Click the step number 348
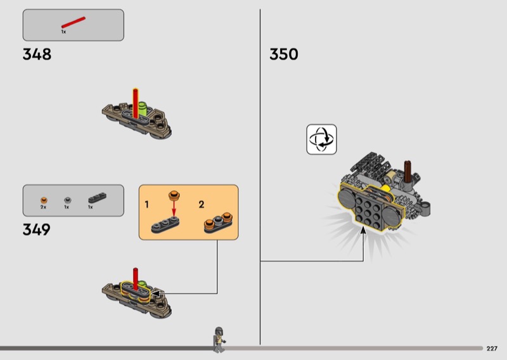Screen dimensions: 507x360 [37, 55]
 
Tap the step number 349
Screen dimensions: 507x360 [37, 229]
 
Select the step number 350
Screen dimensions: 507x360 [283, 55]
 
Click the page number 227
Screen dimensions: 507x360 [492, 349]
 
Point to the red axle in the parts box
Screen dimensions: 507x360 [74, 22]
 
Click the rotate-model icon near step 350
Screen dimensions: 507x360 [321, 139]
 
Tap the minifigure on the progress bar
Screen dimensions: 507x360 [219, 340]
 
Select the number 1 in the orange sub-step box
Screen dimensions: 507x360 [147, 205]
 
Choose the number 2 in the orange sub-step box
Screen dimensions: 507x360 [202, 205]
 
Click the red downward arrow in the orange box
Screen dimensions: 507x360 [174, 209]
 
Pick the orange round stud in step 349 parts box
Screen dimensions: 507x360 [44, 200]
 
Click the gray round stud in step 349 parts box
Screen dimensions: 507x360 [67, 200]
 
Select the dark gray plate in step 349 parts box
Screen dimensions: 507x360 [97, 198]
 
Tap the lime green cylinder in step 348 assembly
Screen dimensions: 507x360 [142, 108]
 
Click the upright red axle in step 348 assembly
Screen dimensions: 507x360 [136, 103]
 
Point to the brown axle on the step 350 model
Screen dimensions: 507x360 [408, 172]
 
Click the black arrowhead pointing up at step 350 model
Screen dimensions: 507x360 [363, 230]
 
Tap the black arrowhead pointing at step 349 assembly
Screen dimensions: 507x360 [156, 293]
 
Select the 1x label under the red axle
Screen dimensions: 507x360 [63, 32]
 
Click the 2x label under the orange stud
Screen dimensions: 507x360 [43, 207]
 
